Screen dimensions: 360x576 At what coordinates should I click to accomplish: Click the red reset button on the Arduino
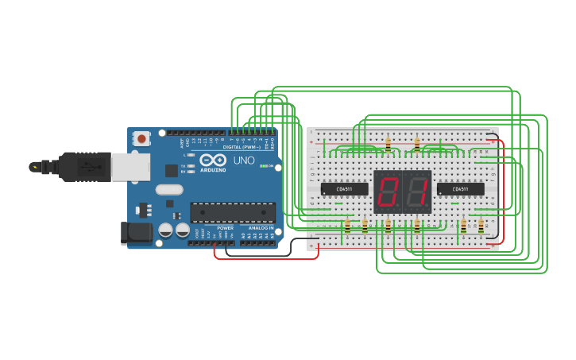[x=141, y=138]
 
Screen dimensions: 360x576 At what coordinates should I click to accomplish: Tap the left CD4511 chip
[x=344, y=189]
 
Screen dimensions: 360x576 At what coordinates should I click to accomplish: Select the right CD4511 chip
[x=460, y=189]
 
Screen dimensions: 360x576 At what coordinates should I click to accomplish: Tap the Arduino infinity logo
[x=213, y=160]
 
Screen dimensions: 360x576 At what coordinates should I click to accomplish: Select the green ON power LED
[x=264, y=166]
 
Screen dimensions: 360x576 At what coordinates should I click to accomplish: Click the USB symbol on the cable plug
[x=89, y=167]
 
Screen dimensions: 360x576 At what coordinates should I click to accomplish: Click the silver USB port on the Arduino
[x=130, y=167]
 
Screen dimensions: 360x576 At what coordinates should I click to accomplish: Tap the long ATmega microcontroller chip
[x=232, y=212]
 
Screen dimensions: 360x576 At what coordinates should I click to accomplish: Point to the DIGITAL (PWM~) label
[x=242, y=147]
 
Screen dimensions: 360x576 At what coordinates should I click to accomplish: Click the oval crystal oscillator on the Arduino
[x=169, y=189]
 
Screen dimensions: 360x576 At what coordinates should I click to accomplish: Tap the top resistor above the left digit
[x=388, y=145]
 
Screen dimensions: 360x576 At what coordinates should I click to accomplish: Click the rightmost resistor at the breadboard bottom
[x=481, y=227]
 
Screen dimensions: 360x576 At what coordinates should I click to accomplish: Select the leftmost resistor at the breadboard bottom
[x=347, y=227]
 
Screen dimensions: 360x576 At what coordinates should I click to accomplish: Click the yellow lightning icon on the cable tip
[x=34, y=167]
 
